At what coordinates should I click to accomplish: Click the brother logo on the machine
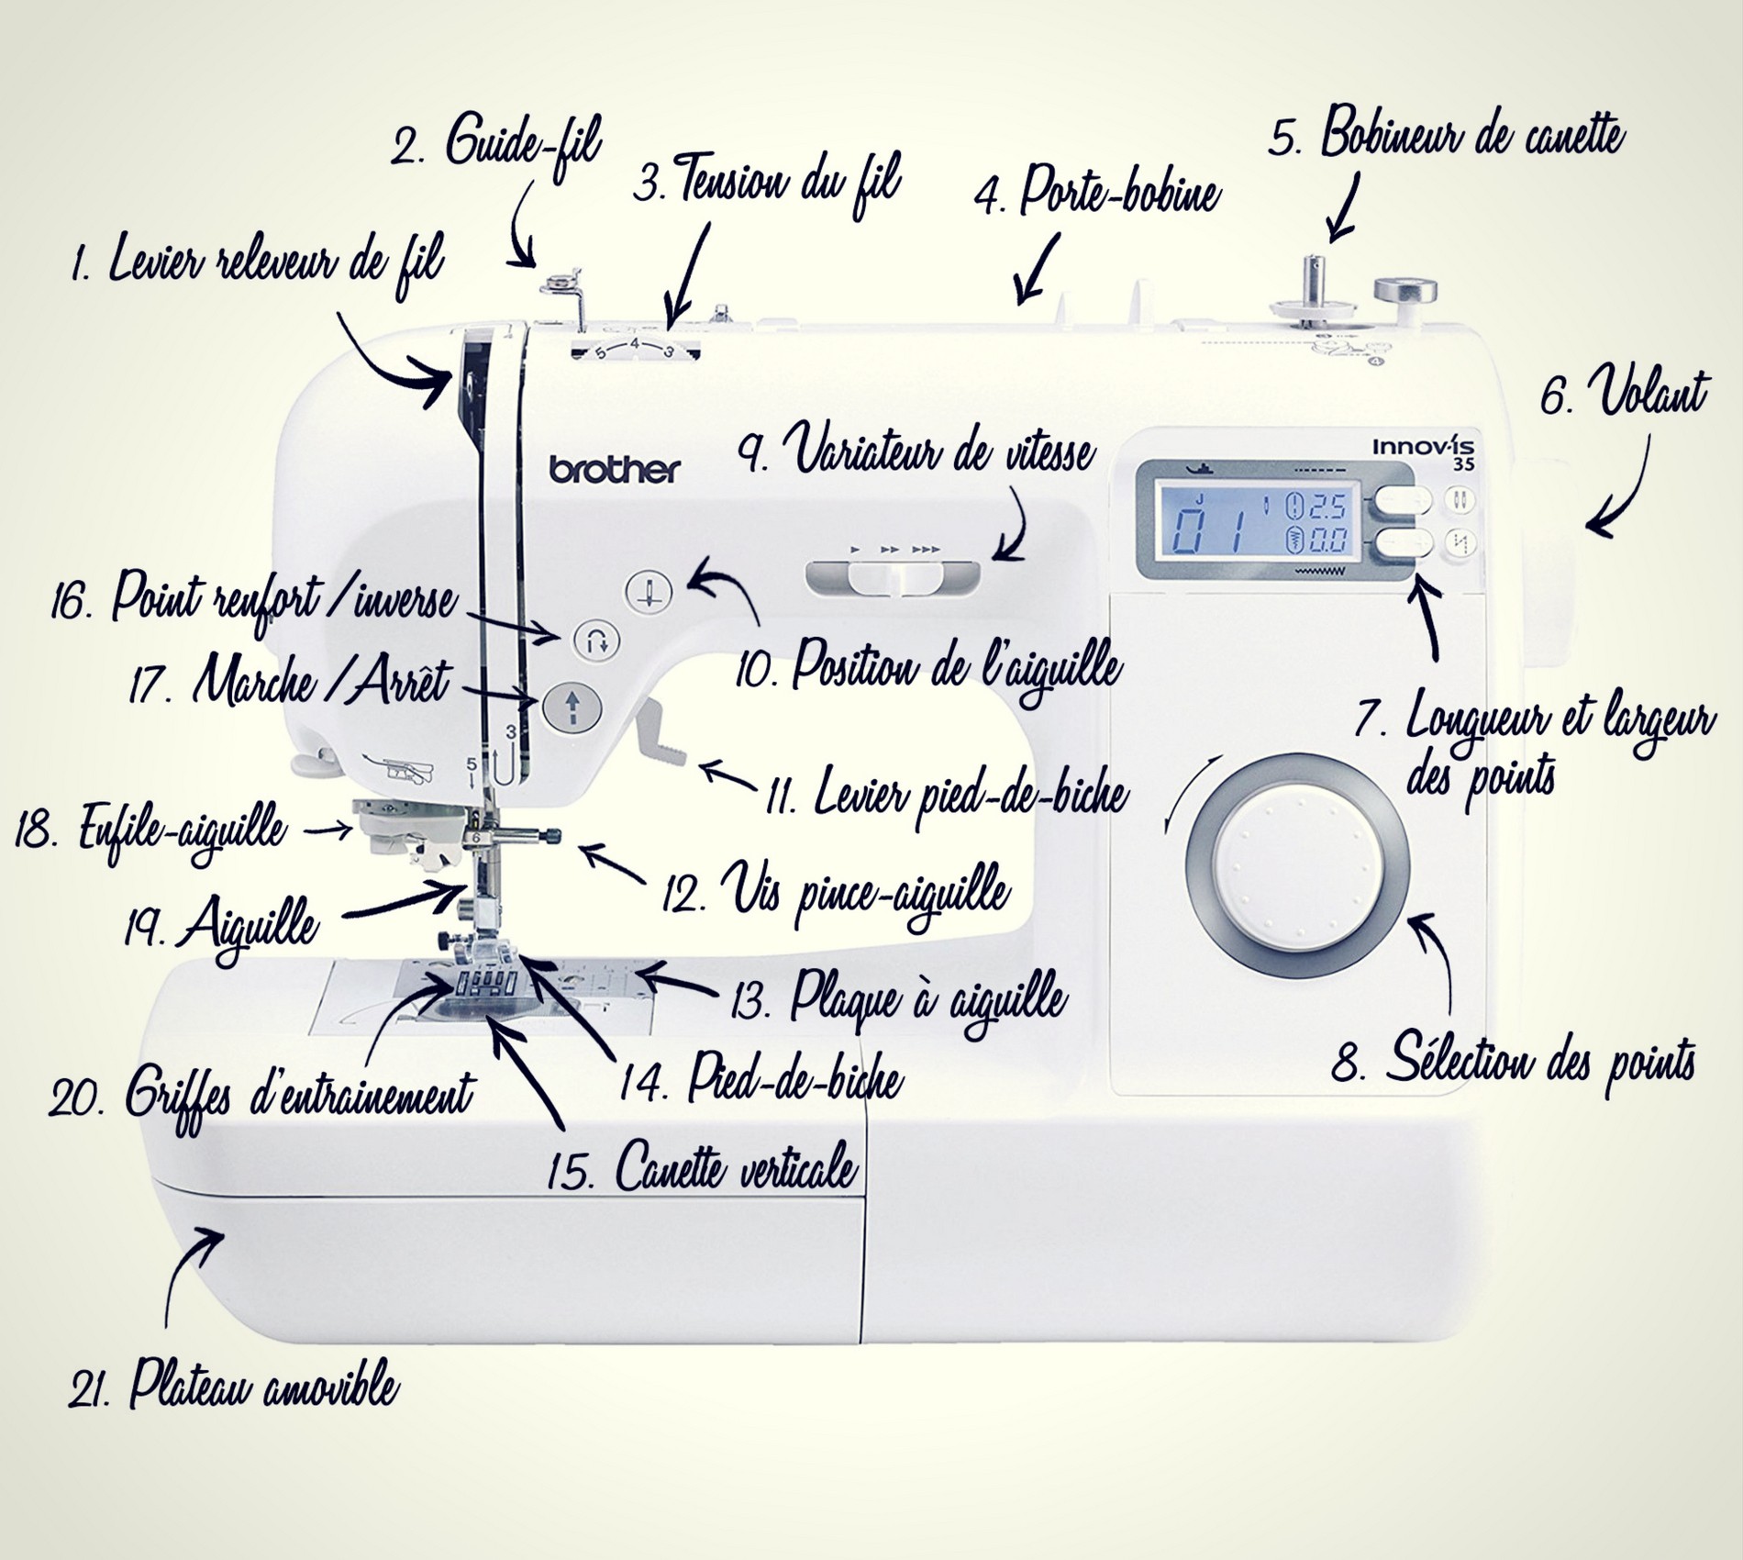(616, 470)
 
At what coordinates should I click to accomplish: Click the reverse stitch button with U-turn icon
(596, 641)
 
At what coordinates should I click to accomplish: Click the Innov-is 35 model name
(1424, 452)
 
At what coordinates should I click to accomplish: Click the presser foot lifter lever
(661, 730)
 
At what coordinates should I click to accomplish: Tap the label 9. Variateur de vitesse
(917, 451)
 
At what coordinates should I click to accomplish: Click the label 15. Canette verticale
(702, 1167)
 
